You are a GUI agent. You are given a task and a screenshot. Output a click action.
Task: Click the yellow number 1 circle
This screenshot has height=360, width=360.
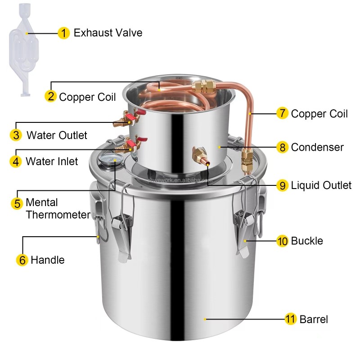pos(64,33)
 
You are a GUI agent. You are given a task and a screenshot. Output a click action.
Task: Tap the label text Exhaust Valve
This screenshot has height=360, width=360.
pos(108,33)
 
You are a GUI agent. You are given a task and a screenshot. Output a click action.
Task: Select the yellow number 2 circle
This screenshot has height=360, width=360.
pos(50,96)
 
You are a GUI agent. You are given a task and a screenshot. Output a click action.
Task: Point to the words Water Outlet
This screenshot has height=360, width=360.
pos(57,135)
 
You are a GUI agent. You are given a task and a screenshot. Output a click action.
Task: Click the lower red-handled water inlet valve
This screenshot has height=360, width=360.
pos(129,144)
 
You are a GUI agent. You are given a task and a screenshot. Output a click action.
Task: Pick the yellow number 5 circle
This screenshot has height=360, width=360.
pos(17,203)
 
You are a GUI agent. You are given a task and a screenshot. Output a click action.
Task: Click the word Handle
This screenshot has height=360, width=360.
pos(47,260)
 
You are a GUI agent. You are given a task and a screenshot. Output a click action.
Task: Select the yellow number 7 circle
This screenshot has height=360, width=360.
pos(282,113)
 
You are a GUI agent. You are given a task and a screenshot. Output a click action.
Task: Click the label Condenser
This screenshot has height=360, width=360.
pos(317,147)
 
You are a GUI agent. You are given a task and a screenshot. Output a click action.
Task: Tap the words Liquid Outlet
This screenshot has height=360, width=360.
pos(321,185)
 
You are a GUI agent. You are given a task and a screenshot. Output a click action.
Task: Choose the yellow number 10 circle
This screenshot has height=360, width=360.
pos(282,241)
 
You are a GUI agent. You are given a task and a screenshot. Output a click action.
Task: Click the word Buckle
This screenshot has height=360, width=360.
pos(307,241)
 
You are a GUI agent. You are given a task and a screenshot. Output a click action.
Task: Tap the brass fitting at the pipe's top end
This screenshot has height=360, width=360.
pos(205,86)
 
